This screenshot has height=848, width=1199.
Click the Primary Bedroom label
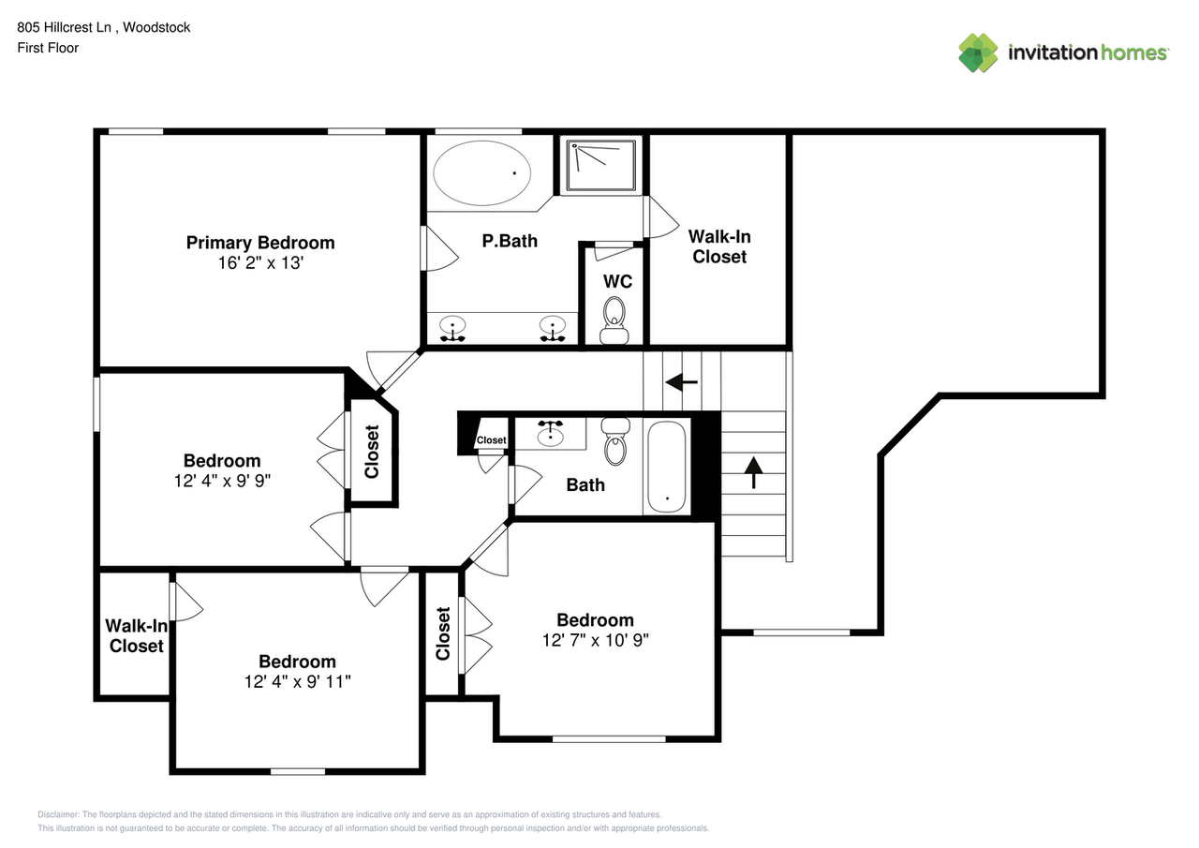coord(259,243)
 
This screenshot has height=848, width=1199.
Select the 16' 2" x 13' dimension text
coord(259,263)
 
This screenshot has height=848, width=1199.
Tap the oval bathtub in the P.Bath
coord(481,173)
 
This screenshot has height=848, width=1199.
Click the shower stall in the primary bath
coord(600,164)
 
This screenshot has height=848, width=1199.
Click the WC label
coord(617,282)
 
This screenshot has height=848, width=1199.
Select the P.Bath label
coord(510,241)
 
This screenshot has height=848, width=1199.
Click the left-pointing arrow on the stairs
coord(681,382)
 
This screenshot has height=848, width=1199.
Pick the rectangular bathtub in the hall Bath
coord(667,466)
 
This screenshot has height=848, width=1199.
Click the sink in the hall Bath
coord(551,434)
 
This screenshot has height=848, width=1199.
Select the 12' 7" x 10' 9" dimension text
coord(595,640)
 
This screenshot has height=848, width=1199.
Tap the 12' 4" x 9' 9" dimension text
coord(222,481)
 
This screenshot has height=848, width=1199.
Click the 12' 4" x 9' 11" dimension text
coord(297,681)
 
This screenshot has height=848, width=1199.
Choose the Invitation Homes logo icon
coord(978,52)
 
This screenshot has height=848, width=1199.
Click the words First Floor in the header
coord(48,48)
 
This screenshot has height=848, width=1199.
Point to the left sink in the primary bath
coord(454,328)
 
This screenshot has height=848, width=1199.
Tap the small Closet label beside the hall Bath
coord(491,440)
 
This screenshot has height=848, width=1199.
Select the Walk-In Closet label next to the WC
coord(719,246)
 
